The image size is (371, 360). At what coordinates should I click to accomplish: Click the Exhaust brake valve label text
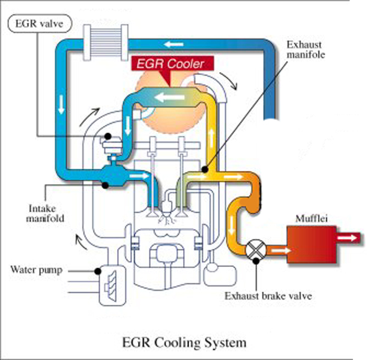coord(261,295)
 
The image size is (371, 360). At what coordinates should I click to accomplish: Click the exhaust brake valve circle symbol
coord(255,247)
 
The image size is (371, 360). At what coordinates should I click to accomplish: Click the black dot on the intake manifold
coord(107,185)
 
